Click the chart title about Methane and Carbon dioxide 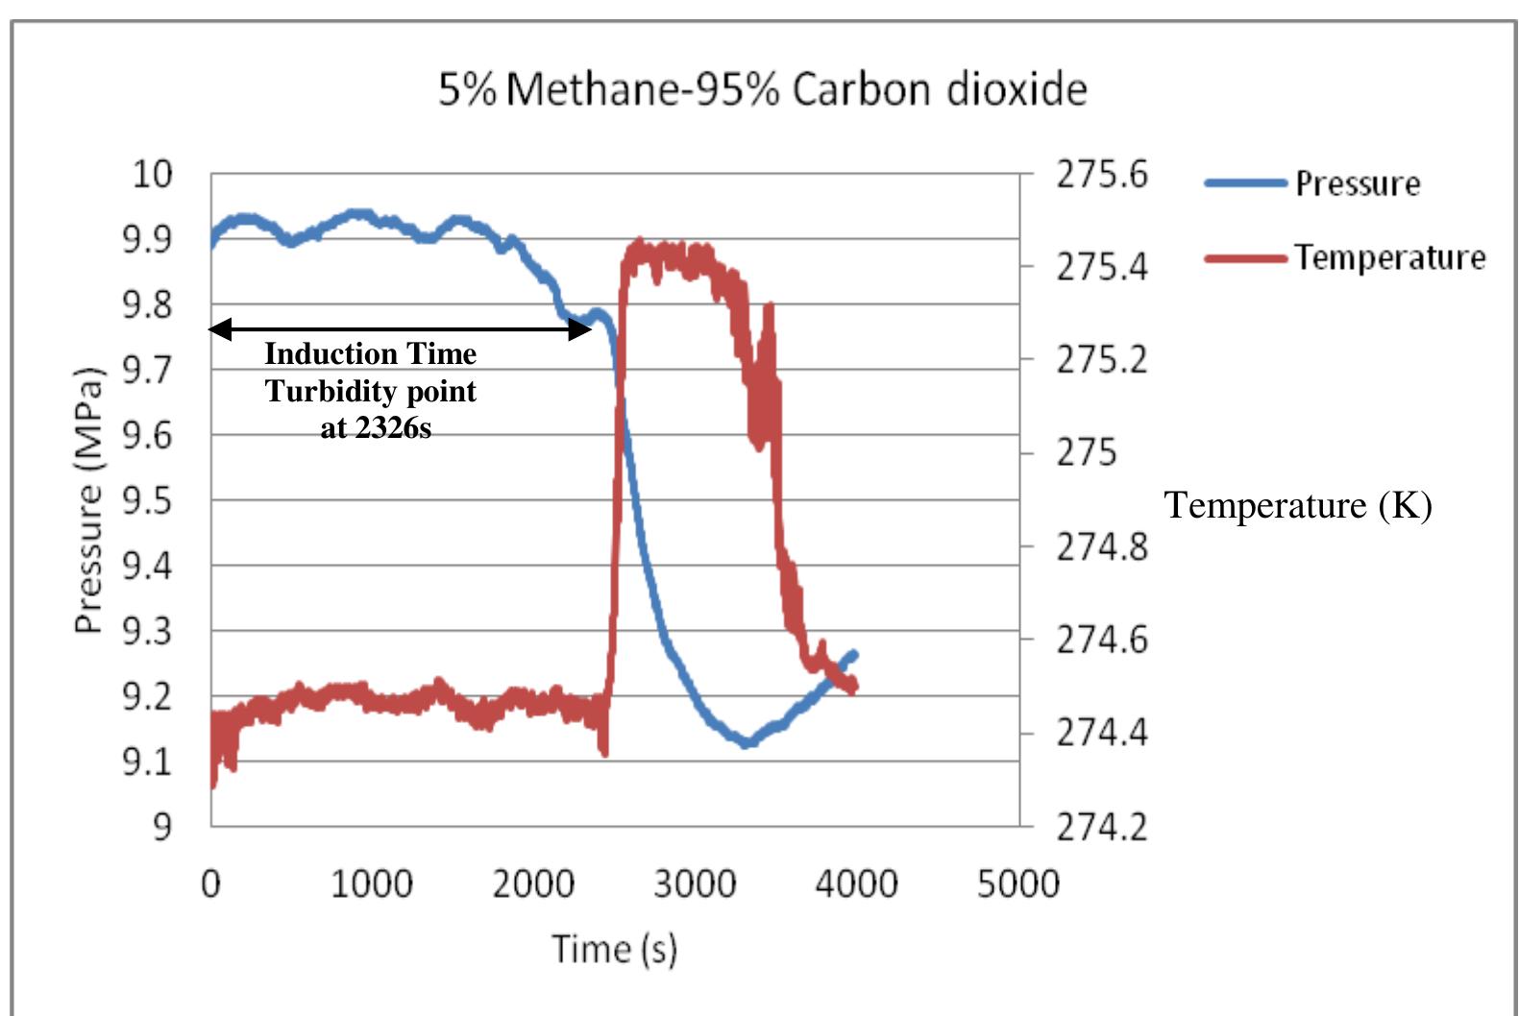click(x=762, y=89)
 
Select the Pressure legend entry click(x=1357, y=182)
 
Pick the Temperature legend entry click(x=1388, y=257)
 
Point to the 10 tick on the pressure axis click(x=152, y=174)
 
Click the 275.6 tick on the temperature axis click(x=1101, y=175)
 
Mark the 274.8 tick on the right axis click(x=1101, y=546)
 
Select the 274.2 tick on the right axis click(x=1101, y=826)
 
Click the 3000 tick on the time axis click(x=695, y=883)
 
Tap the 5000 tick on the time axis click(x=1017, y=883)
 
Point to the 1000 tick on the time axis click(x=372, y=883)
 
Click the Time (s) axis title click(x=614, y=949)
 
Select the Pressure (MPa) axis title click(x=87, y=500)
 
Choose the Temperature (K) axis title click(x=1298, y=505)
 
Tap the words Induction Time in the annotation click(x=371, y=354)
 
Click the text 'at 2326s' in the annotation click(x=376, y=427)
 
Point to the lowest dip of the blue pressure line click(x=746, y=742)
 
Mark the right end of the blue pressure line click(x=853, y=655)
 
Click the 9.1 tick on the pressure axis click(x=147, y=762)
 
